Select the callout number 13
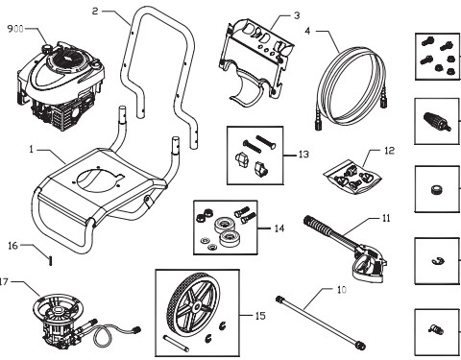click(x=303, y=153)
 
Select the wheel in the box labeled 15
click(x=192, y=304)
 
